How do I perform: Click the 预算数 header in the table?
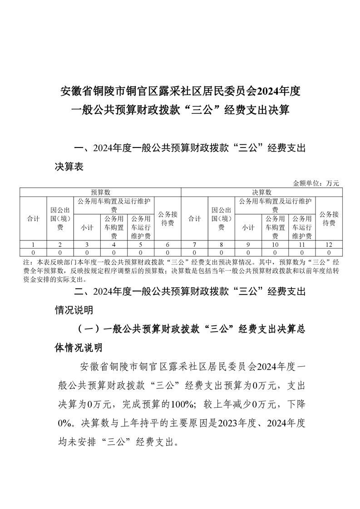[100, 192]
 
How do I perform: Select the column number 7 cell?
[194, 245]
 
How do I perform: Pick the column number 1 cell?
[33, 245]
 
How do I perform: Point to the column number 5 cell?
[141, 245]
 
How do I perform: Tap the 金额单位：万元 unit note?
[316, 183]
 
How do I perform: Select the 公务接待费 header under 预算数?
[168, 219]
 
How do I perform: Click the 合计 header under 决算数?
[194, 219]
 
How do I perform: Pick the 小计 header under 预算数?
[87, 228]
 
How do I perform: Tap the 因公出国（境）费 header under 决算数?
[222, 219]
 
